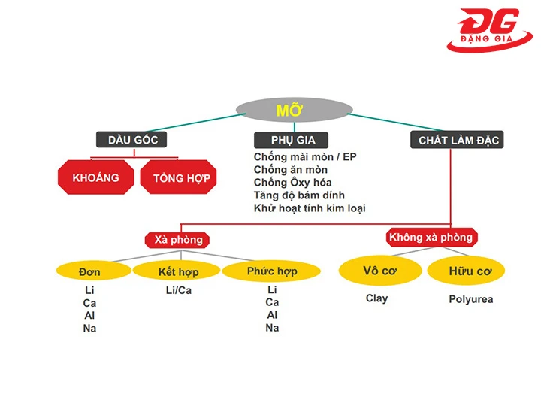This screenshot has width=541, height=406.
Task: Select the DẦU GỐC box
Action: click(x=131, y=140)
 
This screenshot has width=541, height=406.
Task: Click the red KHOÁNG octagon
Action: click(x=96, y=177)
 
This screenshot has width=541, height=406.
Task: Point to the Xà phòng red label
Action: click(x=178, y=240)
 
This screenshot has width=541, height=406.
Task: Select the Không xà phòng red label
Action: click(x=431, y=238)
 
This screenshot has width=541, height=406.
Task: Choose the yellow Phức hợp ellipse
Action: click(x=271, y=271)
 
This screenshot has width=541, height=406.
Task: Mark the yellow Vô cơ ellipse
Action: click(x=380, y=271)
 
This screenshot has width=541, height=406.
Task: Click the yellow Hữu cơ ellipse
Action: click(x=470, y=271)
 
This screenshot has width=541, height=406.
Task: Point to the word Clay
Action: click(x=376, y=298)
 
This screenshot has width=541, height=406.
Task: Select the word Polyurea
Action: click(x=470, y=299)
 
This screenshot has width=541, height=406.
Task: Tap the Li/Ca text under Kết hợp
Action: click(x=178, y=290)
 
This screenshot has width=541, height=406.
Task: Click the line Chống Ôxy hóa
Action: click(x=293, y=183)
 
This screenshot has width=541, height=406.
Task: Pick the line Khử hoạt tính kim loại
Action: click(x=310, y=208)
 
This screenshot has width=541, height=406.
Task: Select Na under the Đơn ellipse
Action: click(x=89, y=329)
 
